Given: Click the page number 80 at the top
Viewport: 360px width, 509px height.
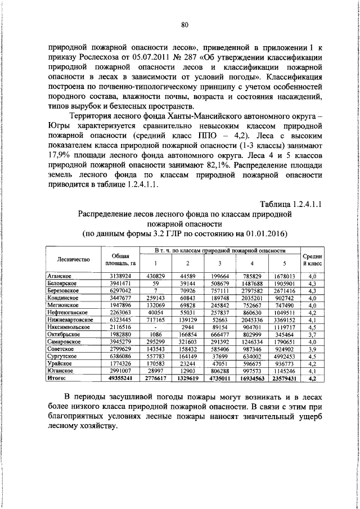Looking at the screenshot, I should pos(184,24).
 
